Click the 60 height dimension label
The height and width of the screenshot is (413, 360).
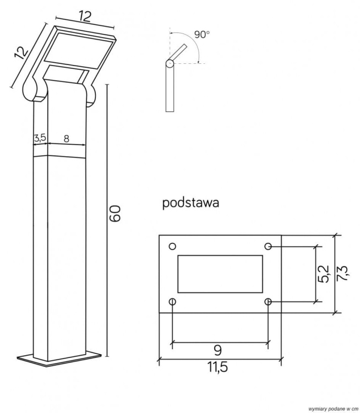115,213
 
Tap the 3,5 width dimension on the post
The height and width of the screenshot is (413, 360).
39,138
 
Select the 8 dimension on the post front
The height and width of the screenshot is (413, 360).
66,139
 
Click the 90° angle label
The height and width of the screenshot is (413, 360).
201,35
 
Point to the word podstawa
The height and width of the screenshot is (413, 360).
190,203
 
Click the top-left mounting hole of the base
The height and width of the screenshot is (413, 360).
172,246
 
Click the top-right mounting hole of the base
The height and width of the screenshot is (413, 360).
268,246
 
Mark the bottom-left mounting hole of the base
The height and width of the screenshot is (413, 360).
172,302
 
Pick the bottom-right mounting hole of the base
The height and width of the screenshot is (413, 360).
268,302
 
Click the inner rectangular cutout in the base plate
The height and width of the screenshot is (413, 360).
220,274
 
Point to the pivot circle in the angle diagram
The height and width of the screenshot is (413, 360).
170,64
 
